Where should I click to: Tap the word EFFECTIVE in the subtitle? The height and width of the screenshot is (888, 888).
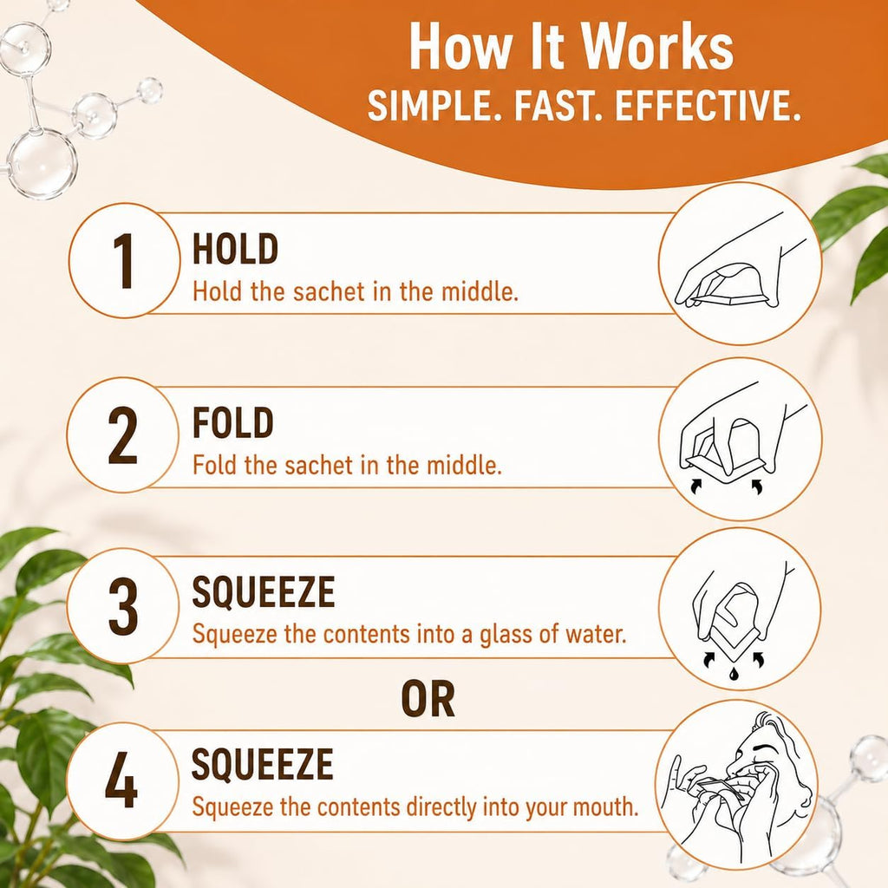pos(708,105)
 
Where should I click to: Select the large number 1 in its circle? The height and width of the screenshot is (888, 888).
pos(123,261)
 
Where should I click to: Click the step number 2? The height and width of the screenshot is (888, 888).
pos(123,435)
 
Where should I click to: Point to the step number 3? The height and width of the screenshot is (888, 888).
pos(123,606)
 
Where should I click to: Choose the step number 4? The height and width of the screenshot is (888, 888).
pos(121,780)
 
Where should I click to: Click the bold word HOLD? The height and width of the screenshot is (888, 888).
pos(235,249)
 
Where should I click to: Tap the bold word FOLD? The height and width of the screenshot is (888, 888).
pos(232,423)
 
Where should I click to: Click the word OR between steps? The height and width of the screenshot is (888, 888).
pos(428,700)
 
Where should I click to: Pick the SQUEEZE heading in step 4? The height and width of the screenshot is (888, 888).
pos(262,764)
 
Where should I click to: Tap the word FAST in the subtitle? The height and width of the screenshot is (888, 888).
pos(554,105)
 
